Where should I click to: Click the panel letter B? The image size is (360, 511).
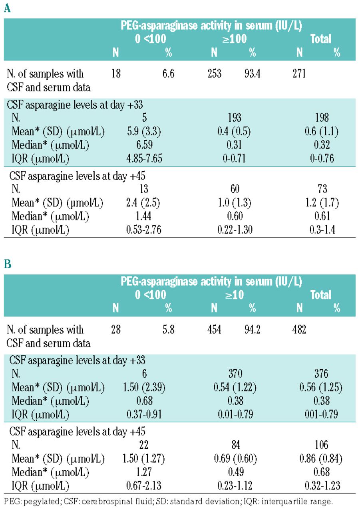click(x=7, y=265)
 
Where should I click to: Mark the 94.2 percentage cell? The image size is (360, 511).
click(x=252, y=330)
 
